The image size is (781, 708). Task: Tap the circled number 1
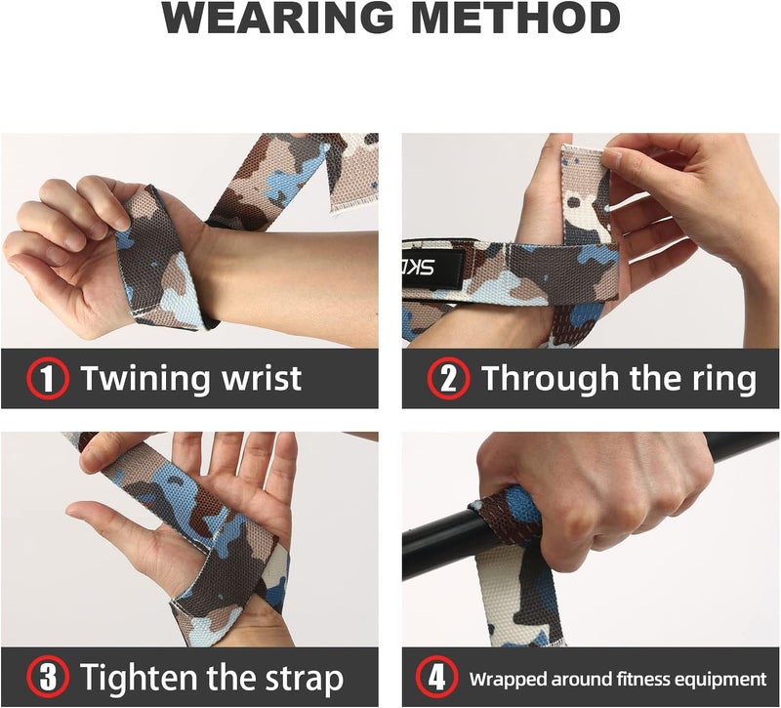pyautogui.click(x=48, y=378)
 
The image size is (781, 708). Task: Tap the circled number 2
pyautogui.click(x=448, y=378)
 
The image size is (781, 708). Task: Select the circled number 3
pyautogui.click(x=48, y=677)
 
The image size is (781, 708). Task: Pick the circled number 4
pyautogui.click(x=434, y=677)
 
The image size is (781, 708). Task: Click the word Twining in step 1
pyautogui.click(x=144, y=378)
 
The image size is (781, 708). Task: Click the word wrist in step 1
pyautogui.click(x=259, y=378)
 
